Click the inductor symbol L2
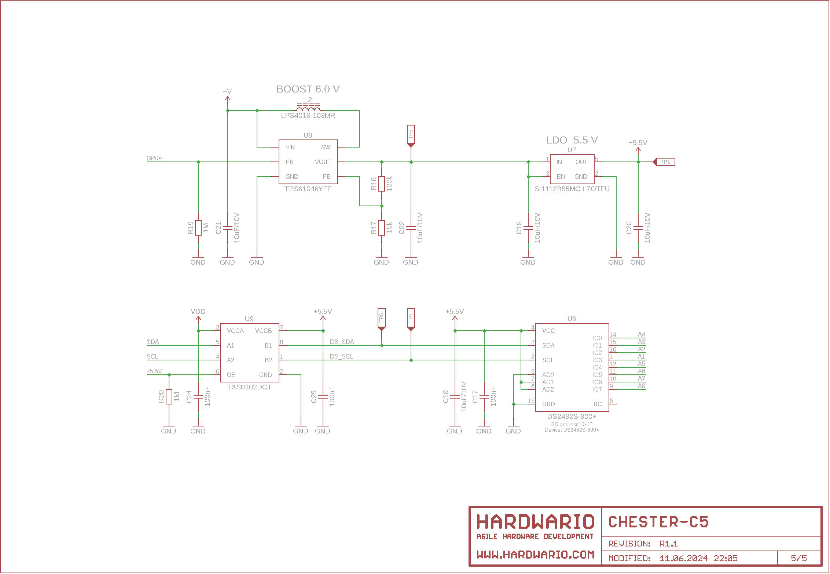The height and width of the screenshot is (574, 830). [308, 108]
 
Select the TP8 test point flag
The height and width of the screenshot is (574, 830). [411, 135]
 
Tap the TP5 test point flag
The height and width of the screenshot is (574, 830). [665, 162]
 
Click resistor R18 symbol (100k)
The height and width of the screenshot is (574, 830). [382, 184]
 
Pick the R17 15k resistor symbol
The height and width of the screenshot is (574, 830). [382, 228]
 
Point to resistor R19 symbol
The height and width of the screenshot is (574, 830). [198, 228]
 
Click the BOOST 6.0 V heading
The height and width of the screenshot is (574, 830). [308, 89]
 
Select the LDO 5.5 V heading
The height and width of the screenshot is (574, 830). [572, 140]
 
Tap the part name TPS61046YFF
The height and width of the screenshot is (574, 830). [308, 189]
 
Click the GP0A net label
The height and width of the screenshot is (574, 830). [154, 159]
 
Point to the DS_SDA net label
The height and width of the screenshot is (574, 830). [342, 342]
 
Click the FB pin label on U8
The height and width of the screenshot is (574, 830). [327, 177]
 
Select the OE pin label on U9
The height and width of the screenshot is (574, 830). [231, 375]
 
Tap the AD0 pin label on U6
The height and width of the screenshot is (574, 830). [548, 375]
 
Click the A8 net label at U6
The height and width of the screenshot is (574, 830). [641, 386]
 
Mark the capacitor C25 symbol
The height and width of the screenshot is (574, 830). [323, 397]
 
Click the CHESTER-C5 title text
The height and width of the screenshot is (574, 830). [658, 522]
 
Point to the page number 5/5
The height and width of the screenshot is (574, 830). [799, 559]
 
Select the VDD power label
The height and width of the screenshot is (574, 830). [198, 312]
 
